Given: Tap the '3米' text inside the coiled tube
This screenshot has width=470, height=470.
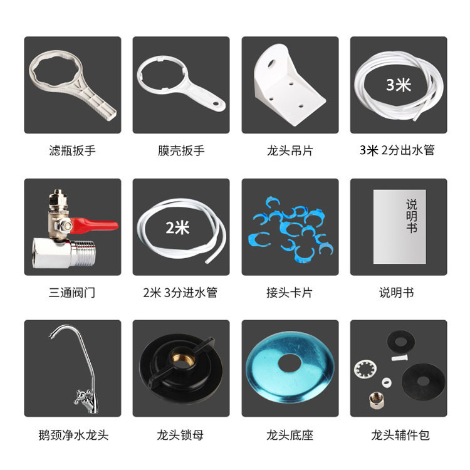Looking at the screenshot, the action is tap(399, 85).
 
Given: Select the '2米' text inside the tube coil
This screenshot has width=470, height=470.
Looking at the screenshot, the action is tap(177, 227).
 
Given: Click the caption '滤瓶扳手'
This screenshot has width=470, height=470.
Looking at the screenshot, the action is tap(73, 150).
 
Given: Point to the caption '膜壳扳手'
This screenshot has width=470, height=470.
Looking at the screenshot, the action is tap(181, 150).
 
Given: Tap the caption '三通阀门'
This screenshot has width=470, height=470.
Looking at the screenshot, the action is tap(72, 293).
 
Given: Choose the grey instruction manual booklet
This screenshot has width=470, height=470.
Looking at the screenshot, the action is tap(400, 227).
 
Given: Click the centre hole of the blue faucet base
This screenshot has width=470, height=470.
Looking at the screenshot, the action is tap(290, 362).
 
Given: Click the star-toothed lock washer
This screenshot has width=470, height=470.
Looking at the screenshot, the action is tap(365, 370).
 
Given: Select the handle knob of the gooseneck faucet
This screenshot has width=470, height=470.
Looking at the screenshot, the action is tap(82, 396).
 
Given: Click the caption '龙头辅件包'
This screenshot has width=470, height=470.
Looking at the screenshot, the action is tap(400, 435).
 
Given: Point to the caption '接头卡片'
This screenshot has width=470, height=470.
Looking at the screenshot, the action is tap(290, 293).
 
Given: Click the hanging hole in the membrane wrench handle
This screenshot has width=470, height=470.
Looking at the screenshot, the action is tap(216, 103).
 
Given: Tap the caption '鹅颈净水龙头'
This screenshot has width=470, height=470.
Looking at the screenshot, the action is tap(73, 435).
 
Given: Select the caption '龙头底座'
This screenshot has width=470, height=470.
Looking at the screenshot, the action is tap(290, 435).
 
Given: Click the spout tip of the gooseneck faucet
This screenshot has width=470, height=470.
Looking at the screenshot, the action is tap(51, 337).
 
